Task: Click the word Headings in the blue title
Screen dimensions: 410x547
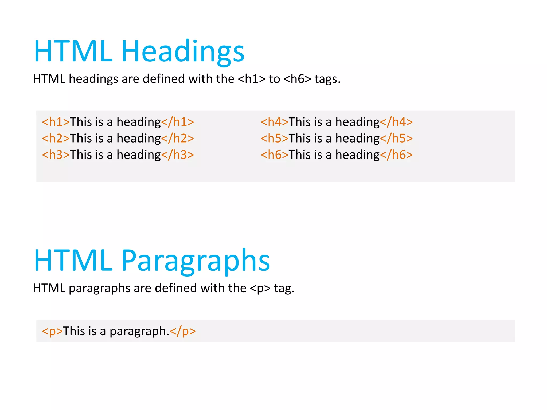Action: pos(183,51)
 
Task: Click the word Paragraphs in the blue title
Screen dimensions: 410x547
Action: pos(196,261)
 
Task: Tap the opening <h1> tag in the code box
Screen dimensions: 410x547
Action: pos(56,122)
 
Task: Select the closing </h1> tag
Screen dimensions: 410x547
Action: pos(177,122)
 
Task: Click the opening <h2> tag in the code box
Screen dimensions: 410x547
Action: pos(56,139)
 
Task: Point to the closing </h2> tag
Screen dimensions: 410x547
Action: pos(177,139)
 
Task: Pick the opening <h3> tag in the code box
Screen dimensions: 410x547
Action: pos(56,155)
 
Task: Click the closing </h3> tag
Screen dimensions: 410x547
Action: pos(177,155)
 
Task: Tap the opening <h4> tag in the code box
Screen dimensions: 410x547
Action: pos(275,122)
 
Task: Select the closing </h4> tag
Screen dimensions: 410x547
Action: pos(396,122)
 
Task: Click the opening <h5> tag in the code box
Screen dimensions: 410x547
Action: pos(275,139)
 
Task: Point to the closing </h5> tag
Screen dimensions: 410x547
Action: pos(396,139)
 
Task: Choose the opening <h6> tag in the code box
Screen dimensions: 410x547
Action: pos(275,155)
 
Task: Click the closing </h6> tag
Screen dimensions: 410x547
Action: pos(396,155)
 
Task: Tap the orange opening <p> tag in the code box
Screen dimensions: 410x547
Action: pos(52,331)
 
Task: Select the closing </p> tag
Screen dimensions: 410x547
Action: pos(183,331)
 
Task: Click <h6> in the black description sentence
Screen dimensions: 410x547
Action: pos(297,79)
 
